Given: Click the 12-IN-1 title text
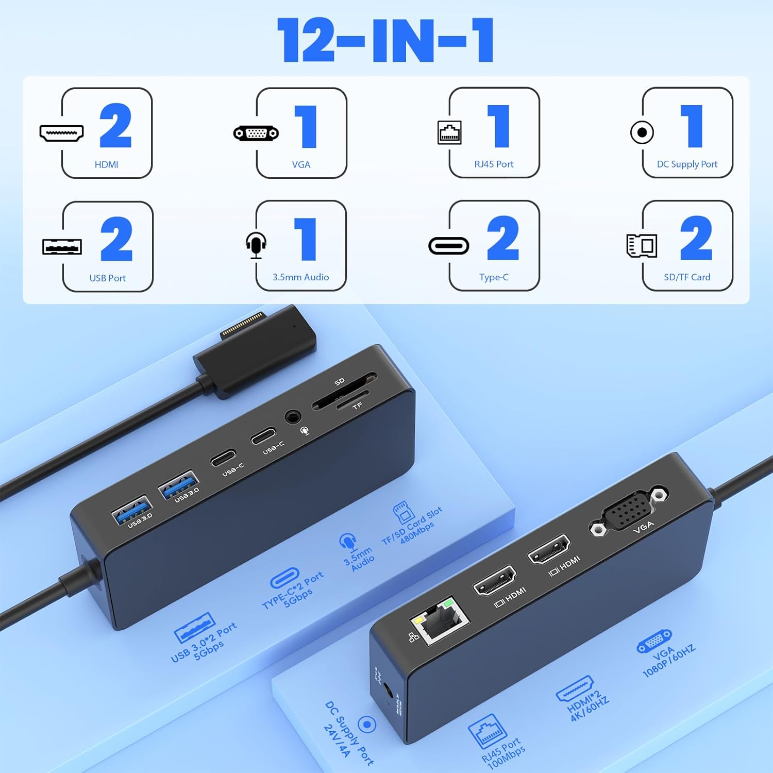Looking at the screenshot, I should pyautogui.click(x=385, y=40).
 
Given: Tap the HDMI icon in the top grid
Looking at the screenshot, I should pyautogui.click(x=62, y=133).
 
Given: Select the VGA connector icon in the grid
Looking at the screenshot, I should pyautogui.click(x=256, y=133).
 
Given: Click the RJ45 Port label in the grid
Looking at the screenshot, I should pyautogui.click(x=494, y=164).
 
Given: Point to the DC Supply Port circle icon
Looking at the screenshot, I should pyautogui.click(x=642, y=132).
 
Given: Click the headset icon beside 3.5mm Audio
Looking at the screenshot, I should pyautogui.click(x=256, y=245).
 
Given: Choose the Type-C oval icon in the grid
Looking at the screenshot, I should pyautogui.click(x=449, y=246).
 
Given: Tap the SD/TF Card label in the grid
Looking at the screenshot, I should pyautogui.click(x=687, y=277).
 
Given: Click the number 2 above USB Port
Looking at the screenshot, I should pyautogui.click(x=116, y=239).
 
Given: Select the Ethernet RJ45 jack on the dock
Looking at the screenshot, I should pyautogui.click(x=439, y=621).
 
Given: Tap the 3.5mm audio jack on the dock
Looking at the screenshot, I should pyautogui.click(x=293, y=416).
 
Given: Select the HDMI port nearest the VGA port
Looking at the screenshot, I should pyautogui.click(x=549, y=549).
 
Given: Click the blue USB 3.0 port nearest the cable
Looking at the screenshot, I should pyautogui.click(x=131, y=510).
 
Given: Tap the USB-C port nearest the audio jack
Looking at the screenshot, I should pyautogui.click(x=263, y=437).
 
